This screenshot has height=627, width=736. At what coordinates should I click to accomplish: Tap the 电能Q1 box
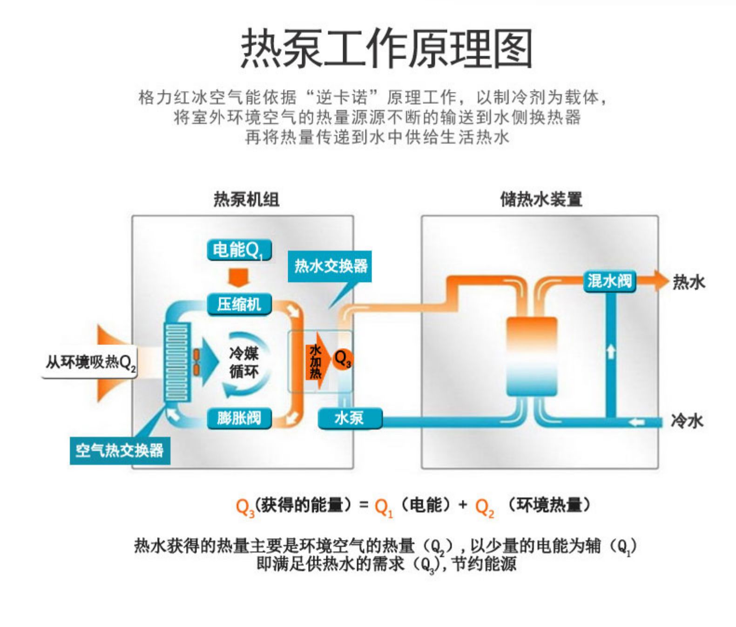[239, 250]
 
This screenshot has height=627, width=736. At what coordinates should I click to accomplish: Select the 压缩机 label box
[239, 304]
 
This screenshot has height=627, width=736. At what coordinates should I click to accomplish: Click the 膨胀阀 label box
[239, 418]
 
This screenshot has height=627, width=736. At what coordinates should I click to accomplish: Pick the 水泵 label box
[350, 418]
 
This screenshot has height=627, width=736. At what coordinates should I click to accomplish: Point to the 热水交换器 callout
[330, 266]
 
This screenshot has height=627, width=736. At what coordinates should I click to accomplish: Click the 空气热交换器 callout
[120, 450]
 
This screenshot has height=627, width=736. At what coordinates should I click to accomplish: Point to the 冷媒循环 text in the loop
[243, 362]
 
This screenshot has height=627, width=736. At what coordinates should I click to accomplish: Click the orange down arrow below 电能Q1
[239, 277]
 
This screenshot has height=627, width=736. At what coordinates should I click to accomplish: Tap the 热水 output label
[688, 282]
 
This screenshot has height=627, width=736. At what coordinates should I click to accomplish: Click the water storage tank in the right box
[531, 356]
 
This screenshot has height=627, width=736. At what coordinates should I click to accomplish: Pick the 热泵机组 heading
[246, 199]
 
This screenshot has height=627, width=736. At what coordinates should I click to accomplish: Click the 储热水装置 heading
[541, 199]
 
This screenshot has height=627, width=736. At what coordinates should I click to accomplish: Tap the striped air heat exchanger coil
[177, 362]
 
